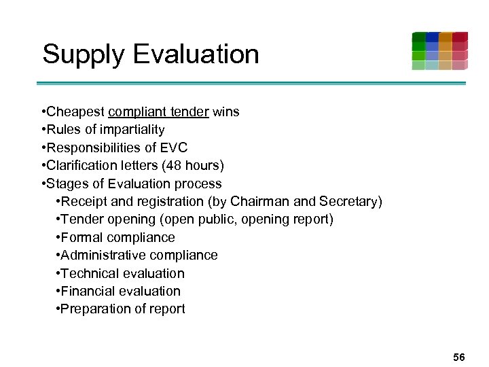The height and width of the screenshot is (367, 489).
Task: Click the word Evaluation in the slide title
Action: point(197,54)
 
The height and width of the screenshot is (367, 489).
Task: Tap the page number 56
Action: point(459,357)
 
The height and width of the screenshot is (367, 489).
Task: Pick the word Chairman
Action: point(260,202)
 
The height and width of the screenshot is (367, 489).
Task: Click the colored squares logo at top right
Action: point(439,51)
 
